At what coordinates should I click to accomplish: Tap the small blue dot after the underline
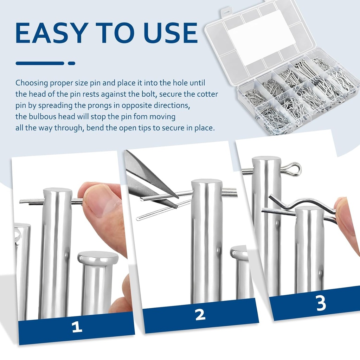coord(72,63)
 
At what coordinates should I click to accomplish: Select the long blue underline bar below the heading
coord(40,63)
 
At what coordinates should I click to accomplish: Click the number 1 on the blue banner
coord(77,327)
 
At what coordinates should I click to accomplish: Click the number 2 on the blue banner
coord(200,314)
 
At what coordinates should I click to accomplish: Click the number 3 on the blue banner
coord(321,303)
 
